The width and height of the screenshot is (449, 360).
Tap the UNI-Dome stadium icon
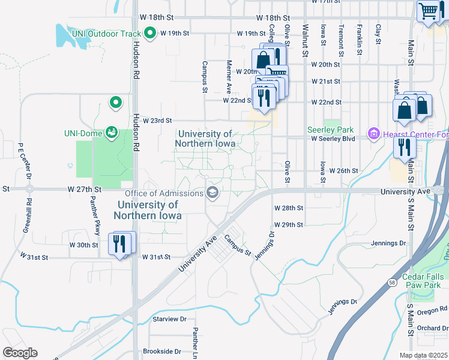coord(111,131)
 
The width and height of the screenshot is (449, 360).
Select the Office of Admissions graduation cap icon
coord(212,193)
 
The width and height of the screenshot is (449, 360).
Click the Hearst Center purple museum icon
coord(373,133)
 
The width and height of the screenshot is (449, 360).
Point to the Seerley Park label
coord(330,130)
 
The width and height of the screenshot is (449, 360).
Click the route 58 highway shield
coord(393,282)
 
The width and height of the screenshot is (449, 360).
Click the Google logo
coord(20,353)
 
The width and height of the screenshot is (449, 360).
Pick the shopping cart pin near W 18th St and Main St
coord(429,10)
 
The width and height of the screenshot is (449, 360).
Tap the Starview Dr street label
coord(170,319)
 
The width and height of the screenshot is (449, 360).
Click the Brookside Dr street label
coord(161,351)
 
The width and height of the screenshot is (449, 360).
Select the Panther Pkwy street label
coord(97,220)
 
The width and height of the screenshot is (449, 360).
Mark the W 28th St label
coord(289,208)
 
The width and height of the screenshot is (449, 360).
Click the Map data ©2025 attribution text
coord(423,355)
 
